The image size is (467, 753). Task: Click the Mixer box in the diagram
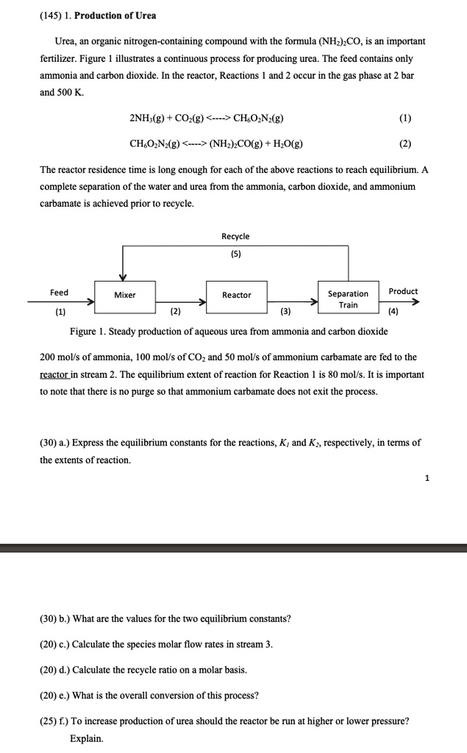[x=124, y=295]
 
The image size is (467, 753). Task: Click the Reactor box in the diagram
[x=236, y=295]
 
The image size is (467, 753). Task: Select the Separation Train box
[x=348, y=299]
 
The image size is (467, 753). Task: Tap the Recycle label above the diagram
[x=235, y=236]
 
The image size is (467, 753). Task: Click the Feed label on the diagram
[x=60, y=292]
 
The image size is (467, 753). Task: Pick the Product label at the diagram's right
[x=403, y=291]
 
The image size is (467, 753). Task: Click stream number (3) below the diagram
[x=285, y=311]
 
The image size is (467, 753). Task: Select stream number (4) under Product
[x=394, y=311]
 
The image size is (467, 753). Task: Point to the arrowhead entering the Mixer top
[x=124, y=277]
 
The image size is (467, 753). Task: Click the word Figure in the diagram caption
[x=83, y=332]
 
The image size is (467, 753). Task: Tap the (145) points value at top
[x=51, y=15]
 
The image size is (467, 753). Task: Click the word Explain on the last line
[x=87, y=738]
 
